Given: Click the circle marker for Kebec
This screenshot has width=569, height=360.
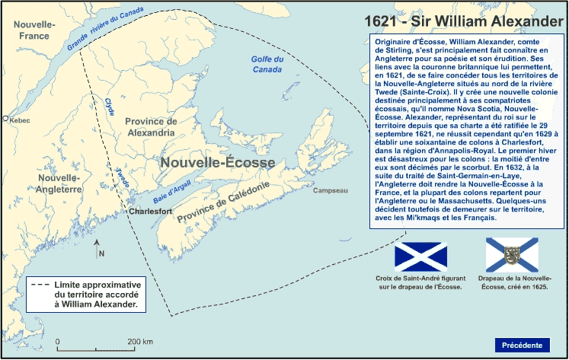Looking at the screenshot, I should (x=5, y=119).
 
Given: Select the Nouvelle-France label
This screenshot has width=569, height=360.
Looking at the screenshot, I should (x=34, y=30).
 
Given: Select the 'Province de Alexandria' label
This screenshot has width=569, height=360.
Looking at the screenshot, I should (x=151, y=126).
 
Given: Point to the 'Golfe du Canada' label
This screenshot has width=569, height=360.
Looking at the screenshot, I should (x=267, y=65).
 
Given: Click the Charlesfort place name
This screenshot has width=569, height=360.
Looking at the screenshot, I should (x=151, y=211).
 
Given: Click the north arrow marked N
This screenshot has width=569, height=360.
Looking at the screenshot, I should (x=98, y=248).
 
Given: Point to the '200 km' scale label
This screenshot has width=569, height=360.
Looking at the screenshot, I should (x=140, y=342).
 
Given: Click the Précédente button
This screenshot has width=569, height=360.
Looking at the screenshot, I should (x=522, y=345).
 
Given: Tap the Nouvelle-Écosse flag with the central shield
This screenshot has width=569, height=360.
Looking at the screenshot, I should (x=512, y=255).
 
